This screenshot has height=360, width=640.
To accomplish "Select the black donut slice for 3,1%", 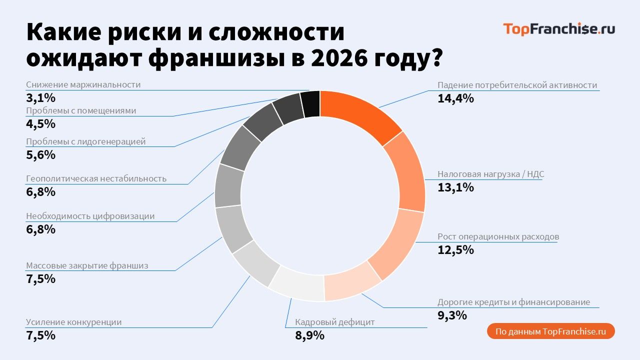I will tap(310, 104).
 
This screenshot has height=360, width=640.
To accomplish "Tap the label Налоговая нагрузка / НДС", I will tap(490, 174).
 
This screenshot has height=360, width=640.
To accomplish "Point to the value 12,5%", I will tap(455, 249).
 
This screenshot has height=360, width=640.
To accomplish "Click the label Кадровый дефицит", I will tap(334, 322).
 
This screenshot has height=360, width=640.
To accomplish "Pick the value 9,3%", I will tap(452, 315).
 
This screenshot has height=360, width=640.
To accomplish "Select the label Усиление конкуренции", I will tap(73, 322).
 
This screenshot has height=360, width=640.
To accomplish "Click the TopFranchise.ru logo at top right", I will tap(558, 29).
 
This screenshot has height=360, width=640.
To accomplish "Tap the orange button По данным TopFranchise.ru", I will tap(550, 331).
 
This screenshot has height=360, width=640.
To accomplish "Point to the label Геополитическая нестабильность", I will tap(96, 178).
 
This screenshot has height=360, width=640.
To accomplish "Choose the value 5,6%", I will tap(40, 154).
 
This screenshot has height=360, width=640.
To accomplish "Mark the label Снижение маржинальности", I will tap(83, 84).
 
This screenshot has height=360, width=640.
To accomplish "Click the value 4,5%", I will tap(40, 123).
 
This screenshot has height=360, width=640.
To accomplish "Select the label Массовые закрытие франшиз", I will tap(87, 265).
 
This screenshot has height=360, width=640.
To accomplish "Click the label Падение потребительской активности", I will tap(517, 85).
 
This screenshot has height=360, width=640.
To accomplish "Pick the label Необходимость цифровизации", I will tap(90, 216).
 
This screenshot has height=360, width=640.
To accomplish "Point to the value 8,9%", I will tap(309, 335).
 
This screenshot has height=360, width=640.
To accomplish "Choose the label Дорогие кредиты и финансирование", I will tap(513, 302).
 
